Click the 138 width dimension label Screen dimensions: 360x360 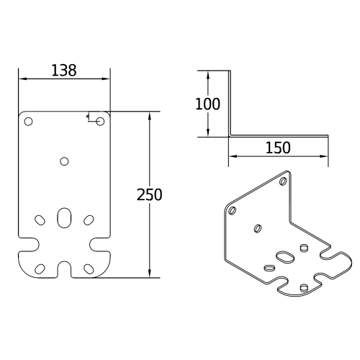[64, 71]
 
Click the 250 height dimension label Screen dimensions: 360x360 [150, 194]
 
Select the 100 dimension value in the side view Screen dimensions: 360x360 [207, 104]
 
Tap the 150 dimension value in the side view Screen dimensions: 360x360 [278, 148]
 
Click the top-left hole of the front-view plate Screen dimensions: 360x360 [28, 121]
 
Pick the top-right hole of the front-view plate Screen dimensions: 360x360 [100, 121]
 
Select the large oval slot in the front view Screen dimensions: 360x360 [64, 217]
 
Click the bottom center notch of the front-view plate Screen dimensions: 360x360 [64, 269]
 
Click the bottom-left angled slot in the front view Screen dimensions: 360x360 [40, 268]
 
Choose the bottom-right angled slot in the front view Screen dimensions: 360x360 [89, 268]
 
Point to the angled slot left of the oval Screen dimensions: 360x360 [40, 219]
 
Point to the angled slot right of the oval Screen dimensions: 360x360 [89, 219]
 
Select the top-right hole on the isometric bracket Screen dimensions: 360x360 [282, 181]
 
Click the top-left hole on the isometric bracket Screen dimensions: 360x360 [232, 211]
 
